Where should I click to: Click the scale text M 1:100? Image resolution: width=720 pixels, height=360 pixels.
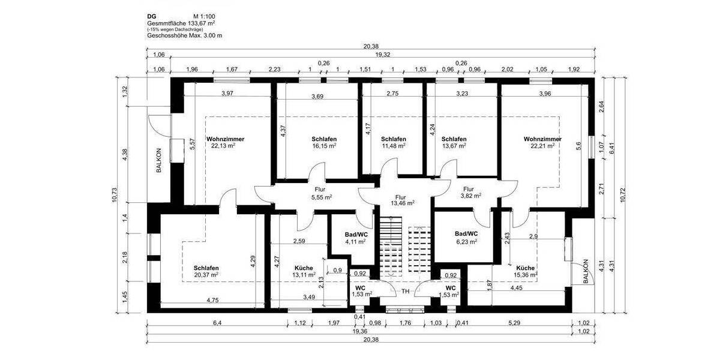[205, 17]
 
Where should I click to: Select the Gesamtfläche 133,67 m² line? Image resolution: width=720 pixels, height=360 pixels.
[181, 23]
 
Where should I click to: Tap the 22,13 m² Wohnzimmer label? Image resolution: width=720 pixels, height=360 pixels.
[223, 142]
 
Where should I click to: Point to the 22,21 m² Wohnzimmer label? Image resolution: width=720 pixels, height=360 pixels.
[542, 142]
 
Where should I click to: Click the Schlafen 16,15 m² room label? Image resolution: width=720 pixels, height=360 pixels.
[323, 142]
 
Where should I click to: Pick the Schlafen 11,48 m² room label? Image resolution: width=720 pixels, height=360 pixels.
[394, 142]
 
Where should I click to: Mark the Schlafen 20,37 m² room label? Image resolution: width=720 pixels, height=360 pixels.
[206, 271]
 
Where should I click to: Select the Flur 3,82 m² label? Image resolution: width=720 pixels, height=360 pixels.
[471, 192]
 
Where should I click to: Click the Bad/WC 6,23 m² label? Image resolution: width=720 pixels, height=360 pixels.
[466, 238]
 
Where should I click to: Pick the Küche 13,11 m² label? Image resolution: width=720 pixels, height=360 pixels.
[304, 271]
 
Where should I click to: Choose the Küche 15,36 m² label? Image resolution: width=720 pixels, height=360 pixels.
[526, 271]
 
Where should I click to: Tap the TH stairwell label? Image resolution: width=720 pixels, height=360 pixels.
[406, 291]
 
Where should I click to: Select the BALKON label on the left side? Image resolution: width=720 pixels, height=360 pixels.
[160, 161]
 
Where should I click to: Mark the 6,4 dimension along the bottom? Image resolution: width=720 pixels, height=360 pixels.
[217, 324]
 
